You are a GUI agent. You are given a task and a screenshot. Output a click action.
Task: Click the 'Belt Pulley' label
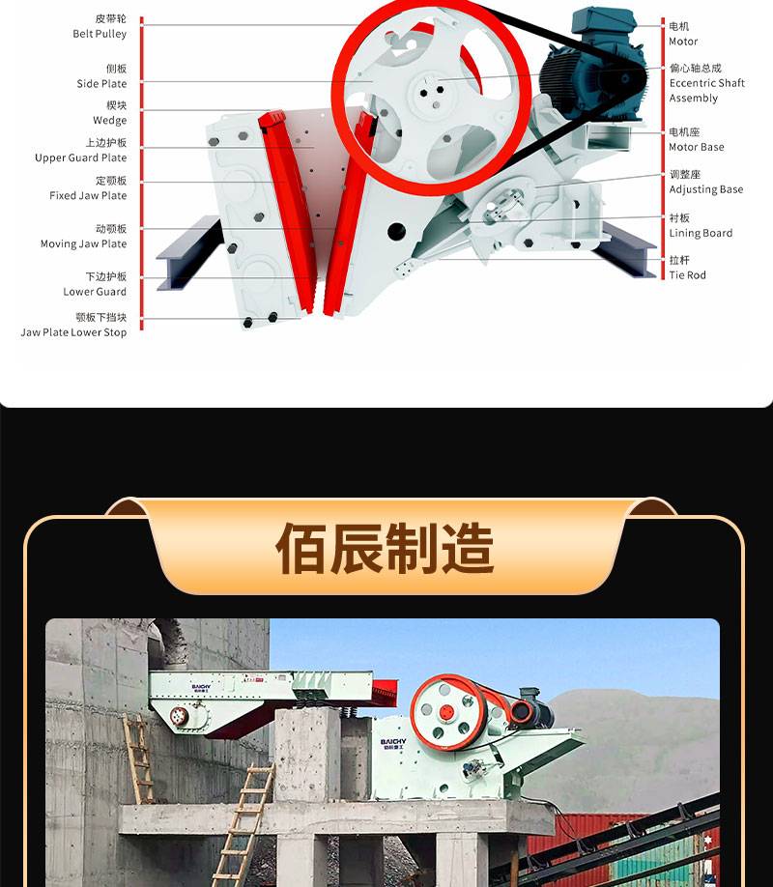(x=100, y=34)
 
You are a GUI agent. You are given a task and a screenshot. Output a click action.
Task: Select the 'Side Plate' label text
(x=101, y=84)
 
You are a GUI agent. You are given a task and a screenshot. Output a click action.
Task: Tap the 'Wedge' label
(x=110, y=121)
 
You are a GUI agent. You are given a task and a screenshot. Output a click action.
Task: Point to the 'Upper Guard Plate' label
(x=81, y=157)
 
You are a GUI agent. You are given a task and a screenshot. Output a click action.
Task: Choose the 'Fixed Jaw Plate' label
(x=88, y=196)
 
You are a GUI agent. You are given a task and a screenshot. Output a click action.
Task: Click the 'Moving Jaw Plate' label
(x=84, y=243)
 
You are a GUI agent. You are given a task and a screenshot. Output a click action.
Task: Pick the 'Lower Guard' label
(x=95, y=292)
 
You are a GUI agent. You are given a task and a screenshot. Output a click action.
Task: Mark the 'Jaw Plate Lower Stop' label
(x=73, y=332)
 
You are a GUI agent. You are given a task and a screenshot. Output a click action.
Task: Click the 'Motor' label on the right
(x=683, y=42)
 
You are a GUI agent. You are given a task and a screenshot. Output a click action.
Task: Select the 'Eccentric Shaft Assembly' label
(x=706, y=91)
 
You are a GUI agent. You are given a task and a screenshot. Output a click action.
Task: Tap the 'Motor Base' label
(x=697, y=147)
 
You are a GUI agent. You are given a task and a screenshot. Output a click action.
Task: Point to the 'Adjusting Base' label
(x=706, y=189)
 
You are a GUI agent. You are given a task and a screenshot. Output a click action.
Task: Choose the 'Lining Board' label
(x=701, y=233)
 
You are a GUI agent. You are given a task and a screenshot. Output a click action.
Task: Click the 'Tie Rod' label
(x=688, y=275)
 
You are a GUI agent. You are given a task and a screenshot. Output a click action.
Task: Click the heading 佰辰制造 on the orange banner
(x=385, y=548)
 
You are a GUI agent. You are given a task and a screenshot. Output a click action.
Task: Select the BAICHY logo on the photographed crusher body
(x=393, y=743)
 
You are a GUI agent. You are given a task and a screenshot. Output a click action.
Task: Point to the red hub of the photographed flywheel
(x=447, y=713)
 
